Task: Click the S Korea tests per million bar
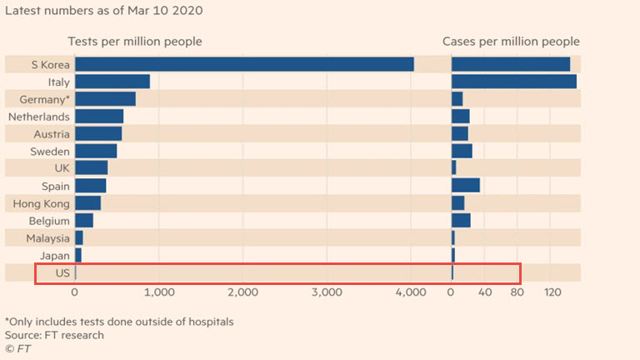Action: tap(244, 64)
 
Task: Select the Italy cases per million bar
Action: tap(513, 82)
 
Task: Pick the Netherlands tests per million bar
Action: tap(99, 117)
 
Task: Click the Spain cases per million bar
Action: tap(465, 186)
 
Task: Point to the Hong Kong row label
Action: tap(41, 203)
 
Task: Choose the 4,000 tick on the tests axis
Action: tap(411, 292)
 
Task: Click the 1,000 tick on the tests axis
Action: tap(158, 292)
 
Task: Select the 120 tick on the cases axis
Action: tap(552, 292)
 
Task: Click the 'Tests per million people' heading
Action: tap(134, 42)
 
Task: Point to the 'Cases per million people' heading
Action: tap(511, 42)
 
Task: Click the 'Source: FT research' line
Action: tap(54, 335)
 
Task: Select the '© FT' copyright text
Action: tap(17, 348)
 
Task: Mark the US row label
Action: tap(62, 272)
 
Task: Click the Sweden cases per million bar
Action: tap(462, 151)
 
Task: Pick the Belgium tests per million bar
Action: tap(84, 221)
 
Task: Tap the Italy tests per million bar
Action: tap(112, 82)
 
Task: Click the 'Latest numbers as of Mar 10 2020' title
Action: tap(103, 11)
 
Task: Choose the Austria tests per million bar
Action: tap(98, 134)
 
